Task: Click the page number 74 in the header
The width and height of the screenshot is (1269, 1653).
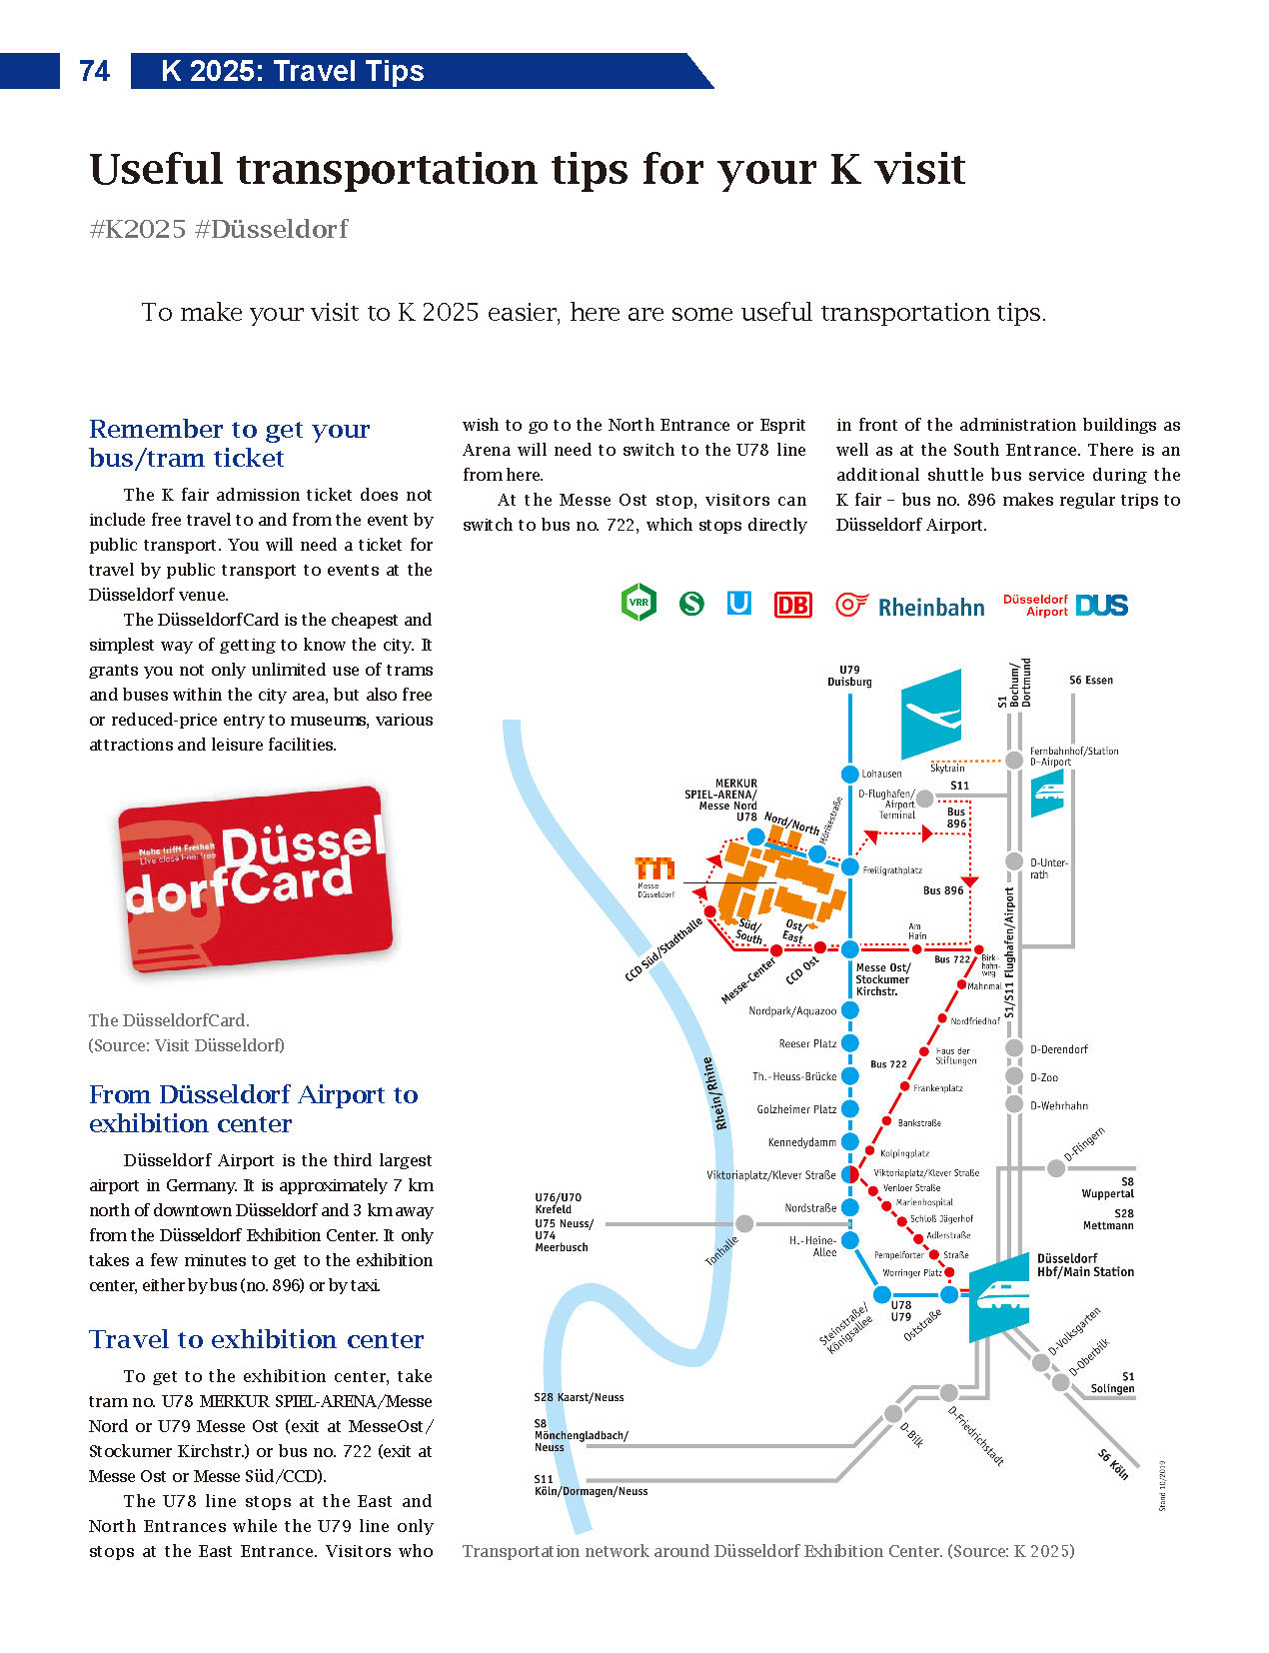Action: click(x=94, y=71)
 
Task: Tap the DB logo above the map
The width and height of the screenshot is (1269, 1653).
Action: click(x=792, y=605)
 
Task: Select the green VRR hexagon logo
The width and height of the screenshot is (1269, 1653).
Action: click(x=638, y=603)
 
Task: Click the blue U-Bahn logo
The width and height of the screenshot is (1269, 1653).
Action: click(x=738, y=603)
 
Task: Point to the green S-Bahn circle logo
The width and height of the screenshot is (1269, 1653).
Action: click(x=691, y=603)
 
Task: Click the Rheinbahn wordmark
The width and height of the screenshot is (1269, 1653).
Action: click(x=930, y=608)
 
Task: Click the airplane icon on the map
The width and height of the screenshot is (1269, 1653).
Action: click(x=931, y=714)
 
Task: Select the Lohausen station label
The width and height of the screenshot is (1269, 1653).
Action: click(x=881, y=774)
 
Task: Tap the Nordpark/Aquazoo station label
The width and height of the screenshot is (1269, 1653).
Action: click(x=792, y=1011)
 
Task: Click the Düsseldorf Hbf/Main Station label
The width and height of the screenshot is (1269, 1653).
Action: click(x=1085, y=1265)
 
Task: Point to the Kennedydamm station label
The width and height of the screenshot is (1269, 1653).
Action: click(x=801, y=1142)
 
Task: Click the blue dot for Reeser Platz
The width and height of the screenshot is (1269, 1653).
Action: click(x=850, y=1043)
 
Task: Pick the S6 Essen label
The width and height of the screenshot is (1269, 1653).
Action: click(x=1090, y=680)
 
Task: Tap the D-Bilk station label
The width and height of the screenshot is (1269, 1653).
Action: click(x=911, y=1434)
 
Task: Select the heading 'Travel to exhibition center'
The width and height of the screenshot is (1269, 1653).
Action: click(x=256, y=1339)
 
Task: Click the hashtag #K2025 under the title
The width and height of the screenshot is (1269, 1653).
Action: click(x=137, y=229)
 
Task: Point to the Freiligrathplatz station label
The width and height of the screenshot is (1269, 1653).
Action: click(x=892, y=870)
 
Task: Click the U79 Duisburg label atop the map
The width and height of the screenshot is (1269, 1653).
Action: click(x=849, y=676)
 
